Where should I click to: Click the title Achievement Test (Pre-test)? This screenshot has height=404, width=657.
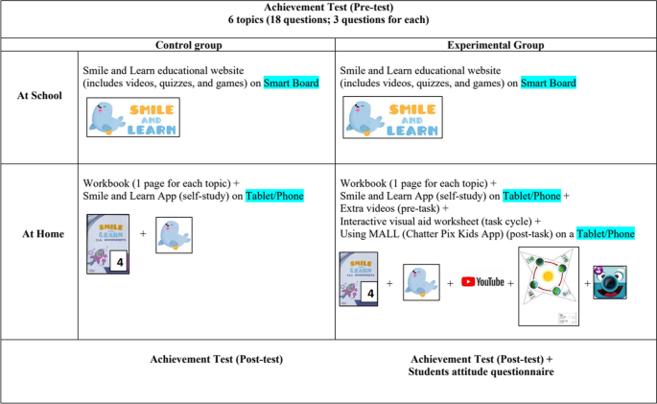pos(328,8)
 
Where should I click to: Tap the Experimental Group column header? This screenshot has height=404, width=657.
pos(495,45)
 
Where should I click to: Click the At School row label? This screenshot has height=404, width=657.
pos(41,96)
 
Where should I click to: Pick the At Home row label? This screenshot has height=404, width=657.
pos(41,233)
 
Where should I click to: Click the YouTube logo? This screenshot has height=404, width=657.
pos(482,282)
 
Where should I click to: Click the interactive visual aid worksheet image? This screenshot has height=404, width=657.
pos(548,285)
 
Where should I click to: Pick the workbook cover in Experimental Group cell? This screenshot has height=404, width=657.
pos(359,278)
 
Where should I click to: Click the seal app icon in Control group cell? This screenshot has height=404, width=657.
pos(175,234)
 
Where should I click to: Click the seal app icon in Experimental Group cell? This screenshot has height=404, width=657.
pos(421,282)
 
